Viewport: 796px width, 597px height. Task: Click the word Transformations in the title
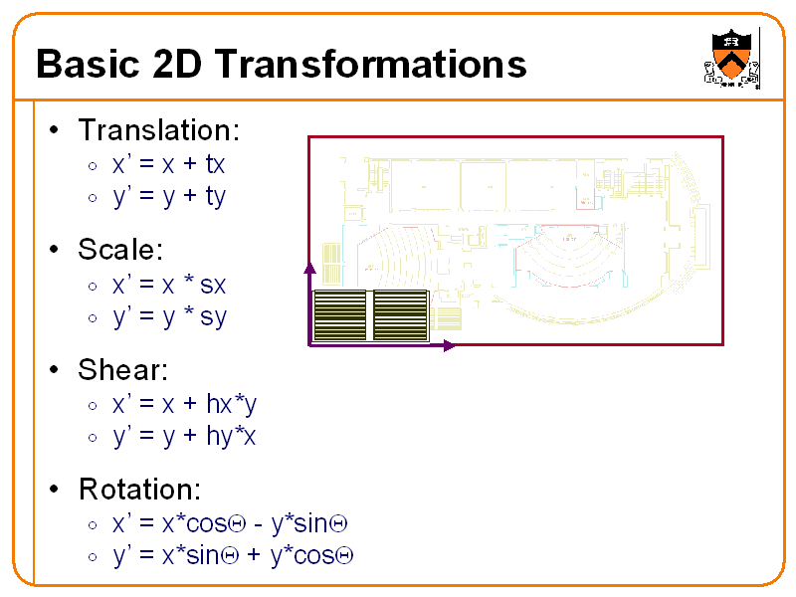click(x=369, y=65)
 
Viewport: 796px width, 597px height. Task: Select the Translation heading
click(x=158, y=130)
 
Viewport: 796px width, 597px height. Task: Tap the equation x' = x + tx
click(x=168, y=164)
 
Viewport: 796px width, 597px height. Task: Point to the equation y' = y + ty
click(x=168, y=196)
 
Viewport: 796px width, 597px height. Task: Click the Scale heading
click(x=120, y=250)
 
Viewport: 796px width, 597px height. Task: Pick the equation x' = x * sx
click(x=168, y=285)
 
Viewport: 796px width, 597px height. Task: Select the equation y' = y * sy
click(x=168, y=316)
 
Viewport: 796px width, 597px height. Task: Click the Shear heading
click(x=122, y=370)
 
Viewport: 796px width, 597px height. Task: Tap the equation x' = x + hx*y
click(x=184, y=404)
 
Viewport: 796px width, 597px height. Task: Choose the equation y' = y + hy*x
click(x=184, y=436)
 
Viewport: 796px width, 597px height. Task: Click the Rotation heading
click(x=139, y=490)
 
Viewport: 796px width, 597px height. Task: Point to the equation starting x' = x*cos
click(x=229, y=523)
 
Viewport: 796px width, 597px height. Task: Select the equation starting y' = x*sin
click(x=234, y=555)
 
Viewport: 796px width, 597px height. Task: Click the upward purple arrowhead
click(x=309, y=268)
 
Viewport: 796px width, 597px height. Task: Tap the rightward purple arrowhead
click(x=449, y=345)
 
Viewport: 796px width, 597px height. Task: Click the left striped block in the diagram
click(x=340, y=316)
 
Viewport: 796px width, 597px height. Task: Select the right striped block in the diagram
click(x=400, y=316)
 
